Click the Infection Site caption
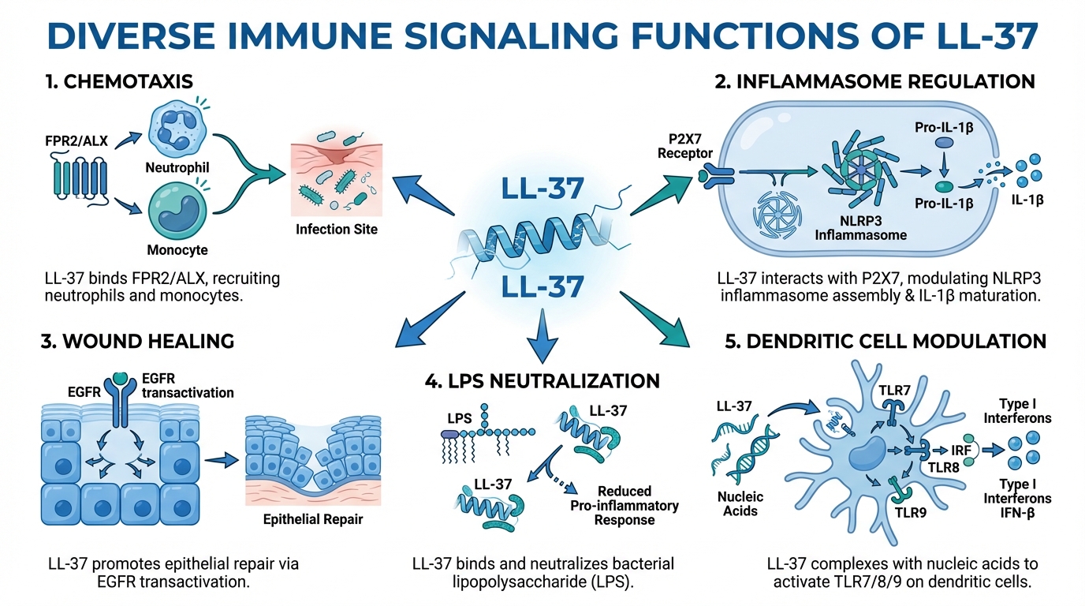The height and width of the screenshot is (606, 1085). [337, 230]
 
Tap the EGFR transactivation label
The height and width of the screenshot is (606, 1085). [188, 386]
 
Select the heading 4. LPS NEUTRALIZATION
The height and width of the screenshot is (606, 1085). [542, 380]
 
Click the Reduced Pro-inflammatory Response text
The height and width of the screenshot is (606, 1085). [624, 505]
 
